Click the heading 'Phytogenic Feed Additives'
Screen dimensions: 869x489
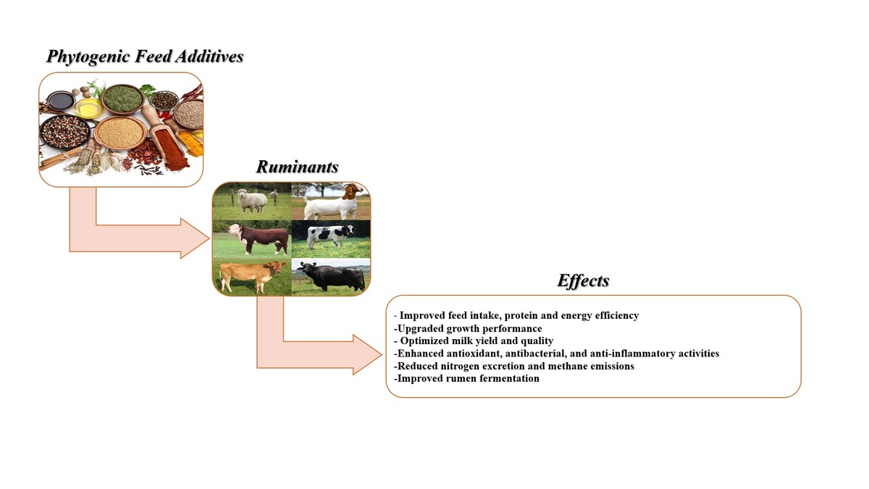[145, 57]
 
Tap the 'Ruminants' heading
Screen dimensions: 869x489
[297, 167]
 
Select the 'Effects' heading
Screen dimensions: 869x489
[583, 280]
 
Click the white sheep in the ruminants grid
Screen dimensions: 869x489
[252, 201]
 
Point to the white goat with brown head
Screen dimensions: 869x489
[334, 203]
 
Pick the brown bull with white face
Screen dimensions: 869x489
[258, 238]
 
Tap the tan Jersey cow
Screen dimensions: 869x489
[252, 275]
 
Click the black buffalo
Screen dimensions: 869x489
[331, 277]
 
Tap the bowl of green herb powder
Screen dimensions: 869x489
[122, 99]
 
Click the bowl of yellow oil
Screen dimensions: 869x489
[89, 108]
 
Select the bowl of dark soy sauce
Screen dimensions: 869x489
[61, 101]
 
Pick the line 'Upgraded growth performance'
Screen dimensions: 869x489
[468, 329]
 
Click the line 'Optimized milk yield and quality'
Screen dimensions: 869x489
[474, 340]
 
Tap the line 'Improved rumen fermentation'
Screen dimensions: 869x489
[466, 378]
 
